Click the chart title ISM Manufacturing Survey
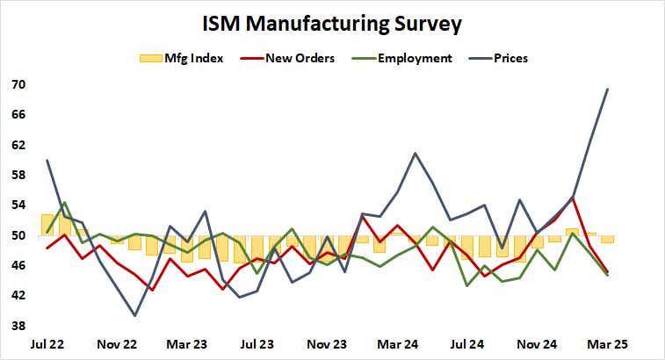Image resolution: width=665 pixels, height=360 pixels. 332,23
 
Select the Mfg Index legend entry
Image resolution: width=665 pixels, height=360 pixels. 182,59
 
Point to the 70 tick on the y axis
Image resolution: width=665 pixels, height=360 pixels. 18,85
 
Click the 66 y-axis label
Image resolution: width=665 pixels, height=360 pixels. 18,115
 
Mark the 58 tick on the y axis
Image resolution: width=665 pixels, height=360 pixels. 18,176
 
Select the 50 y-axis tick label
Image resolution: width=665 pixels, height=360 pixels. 18,235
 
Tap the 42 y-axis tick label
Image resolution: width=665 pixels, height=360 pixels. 18,296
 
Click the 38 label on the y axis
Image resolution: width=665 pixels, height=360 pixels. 18,326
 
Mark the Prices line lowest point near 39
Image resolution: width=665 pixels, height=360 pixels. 135,315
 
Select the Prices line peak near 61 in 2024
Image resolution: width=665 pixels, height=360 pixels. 415,154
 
